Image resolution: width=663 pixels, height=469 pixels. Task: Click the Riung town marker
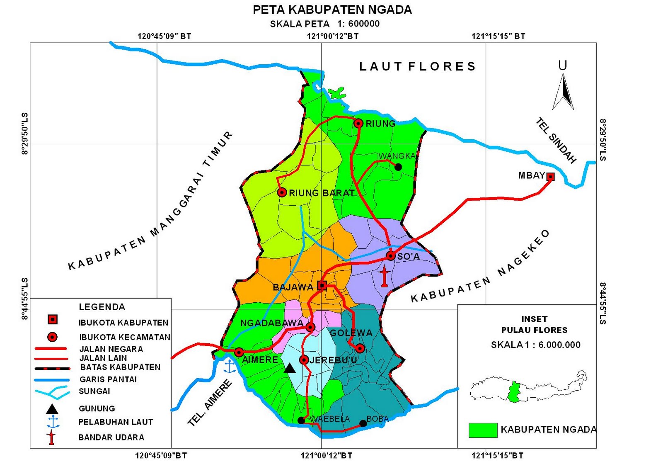pos(358,123)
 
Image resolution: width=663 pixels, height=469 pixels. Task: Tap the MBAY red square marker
pos(550,177)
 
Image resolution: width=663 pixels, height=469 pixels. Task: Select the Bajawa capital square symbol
pos(322,285)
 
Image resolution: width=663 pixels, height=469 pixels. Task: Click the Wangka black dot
pos(398,167)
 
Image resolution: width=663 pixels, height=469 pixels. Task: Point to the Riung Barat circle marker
pos(282,192)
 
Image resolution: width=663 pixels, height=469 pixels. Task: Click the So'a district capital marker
pos(390,256)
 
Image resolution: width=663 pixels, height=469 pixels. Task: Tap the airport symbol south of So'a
pos(384,277)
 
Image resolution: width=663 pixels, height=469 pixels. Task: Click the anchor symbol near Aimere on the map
pos(229,367)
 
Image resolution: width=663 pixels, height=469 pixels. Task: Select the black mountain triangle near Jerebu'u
pos(290,368)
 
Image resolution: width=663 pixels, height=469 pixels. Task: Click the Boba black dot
pos(363,423)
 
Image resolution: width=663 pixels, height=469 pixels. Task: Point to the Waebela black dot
pos(301,420)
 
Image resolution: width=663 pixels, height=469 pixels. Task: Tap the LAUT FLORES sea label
pos(417,66)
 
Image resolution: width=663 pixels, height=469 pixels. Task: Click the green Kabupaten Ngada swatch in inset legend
pos(483,430)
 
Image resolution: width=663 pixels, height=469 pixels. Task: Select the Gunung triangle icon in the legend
pos(52,409)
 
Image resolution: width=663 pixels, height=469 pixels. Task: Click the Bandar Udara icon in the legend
pos(52,437)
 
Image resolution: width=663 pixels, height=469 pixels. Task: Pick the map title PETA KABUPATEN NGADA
pos(332,10)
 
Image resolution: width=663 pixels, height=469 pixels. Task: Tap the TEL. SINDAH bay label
pos(556,140)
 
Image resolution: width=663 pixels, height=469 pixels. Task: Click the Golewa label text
pos(351,333)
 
